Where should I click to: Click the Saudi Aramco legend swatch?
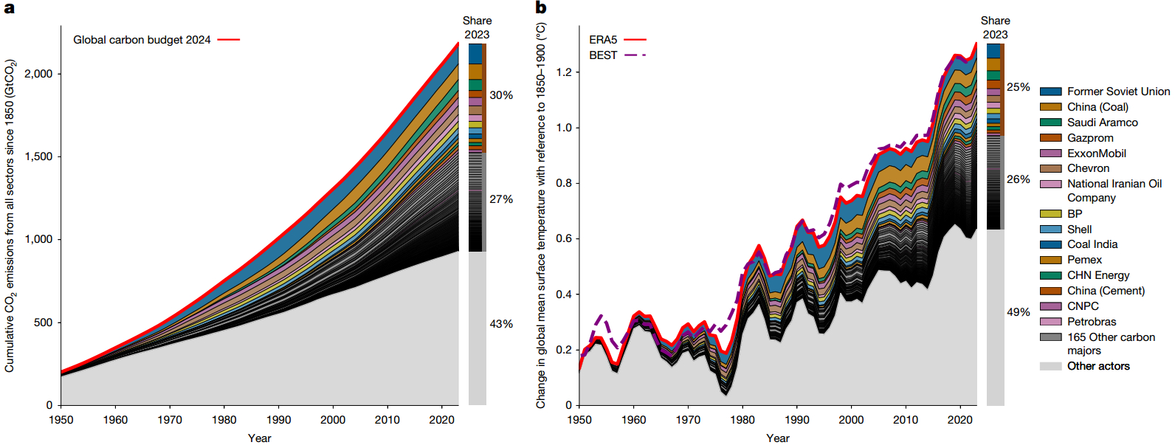[1050, 123]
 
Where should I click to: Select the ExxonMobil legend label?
[1096, 153]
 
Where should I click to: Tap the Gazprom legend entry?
[1089, 138]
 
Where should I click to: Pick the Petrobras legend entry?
[1092, 322]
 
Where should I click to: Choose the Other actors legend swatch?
[1050, 366]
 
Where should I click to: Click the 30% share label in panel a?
[501, 95]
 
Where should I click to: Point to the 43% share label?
[501, 324]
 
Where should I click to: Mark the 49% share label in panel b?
[1019, 312]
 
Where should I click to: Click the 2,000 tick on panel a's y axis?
[38, 74]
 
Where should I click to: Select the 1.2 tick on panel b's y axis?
[564, 72]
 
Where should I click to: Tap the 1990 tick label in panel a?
[278, 420]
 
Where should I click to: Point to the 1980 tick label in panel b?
[742, 420]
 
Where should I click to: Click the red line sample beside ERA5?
[635, 40]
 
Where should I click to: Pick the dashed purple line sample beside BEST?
[635, 55]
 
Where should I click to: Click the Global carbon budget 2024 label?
[142, 40]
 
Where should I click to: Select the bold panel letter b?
[541, 8]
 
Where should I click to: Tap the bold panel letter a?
[9, 8]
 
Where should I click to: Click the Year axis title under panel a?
[259, 438]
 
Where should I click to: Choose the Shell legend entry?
[1079, 230]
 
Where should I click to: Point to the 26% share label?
[1019, 179]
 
